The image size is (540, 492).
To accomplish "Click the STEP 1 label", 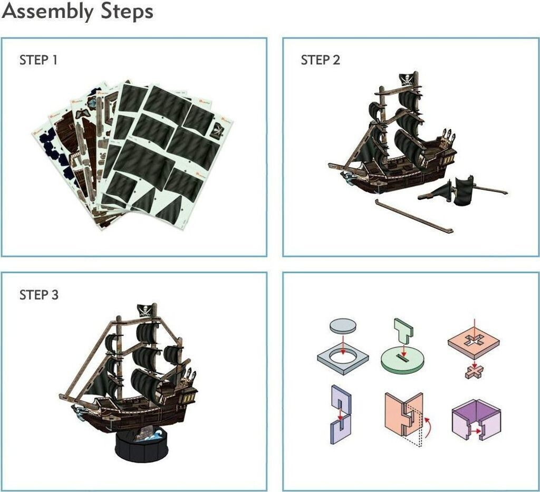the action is (x=38, y=60).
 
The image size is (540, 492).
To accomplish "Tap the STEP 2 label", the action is (x=320, y=60).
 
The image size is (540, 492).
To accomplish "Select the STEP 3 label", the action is (x=39, y=295).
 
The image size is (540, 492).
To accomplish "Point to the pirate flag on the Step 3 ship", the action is (x=145, y=311).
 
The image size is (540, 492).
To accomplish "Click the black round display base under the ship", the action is (x=142, y=446).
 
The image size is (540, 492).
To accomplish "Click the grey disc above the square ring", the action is (x=343, y=326).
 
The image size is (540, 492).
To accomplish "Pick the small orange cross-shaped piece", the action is (x=474, y=372).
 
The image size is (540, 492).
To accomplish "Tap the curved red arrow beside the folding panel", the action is (x=428, y=427).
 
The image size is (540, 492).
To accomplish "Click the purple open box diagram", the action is (x=476, y=420).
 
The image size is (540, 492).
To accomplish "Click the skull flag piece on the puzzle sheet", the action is (x=218, y=130).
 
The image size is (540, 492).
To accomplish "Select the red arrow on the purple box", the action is (x=477, y=431).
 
